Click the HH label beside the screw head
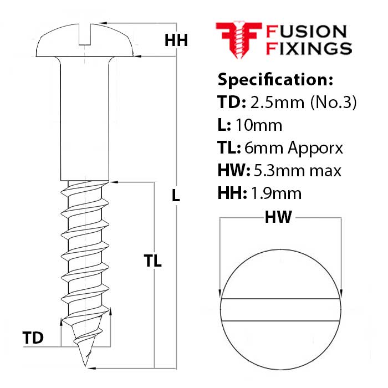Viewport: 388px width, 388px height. tap(177, 40)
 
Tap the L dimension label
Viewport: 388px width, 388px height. tap(176, 195)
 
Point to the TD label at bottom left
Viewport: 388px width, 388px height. tap(33, 338)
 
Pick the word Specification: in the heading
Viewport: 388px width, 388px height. tap(275, 79)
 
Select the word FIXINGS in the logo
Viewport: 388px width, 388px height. tap(309, 49)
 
